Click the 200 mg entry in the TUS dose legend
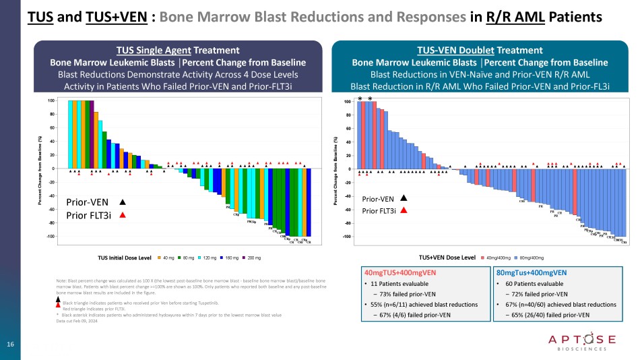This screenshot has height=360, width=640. click(255, 258)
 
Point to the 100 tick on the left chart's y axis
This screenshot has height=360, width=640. click(51, 100)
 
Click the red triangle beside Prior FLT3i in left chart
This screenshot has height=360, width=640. click(123, 215)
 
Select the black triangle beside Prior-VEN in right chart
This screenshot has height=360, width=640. click(403, 198)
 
